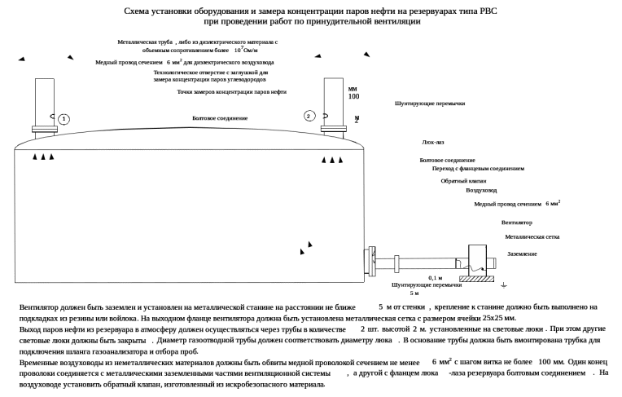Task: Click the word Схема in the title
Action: coord(136,11)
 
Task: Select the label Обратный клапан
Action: coord(458,180)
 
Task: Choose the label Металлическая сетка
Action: coord(532,237)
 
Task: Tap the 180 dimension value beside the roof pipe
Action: coord(353,96)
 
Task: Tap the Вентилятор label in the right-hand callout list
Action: coord(517,222)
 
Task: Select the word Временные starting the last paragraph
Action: coord(36,359)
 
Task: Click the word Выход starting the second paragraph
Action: coord(29,329)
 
